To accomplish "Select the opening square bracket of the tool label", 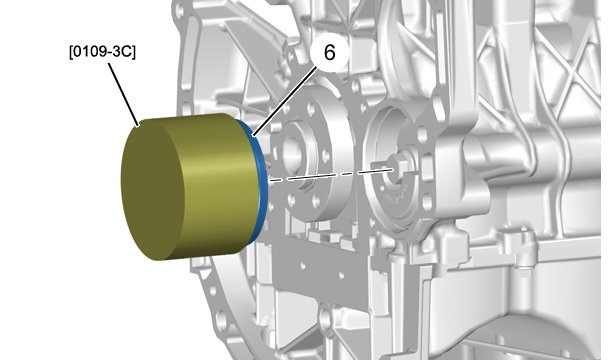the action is [x=71, y=53].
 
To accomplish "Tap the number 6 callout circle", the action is [x=329, y=52].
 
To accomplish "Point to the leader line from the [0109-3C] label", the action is [x=124, y=95].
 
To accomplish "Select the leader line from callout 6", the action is [x=284, y=101].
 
